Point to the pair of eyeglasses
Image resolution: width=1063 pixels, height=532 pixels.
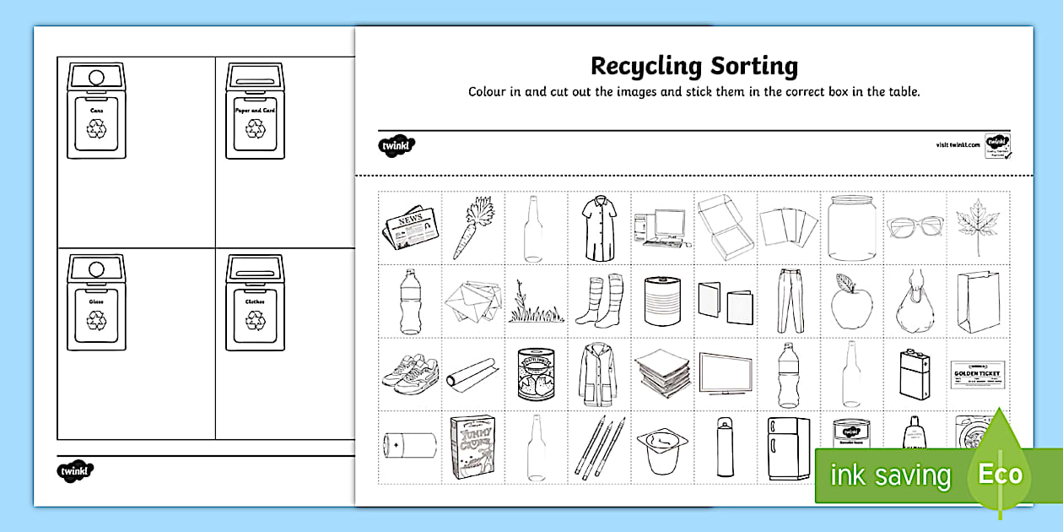(x=915, y=226)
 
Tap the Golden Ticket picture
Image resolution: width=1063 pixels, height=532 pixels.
(x=978, y=373)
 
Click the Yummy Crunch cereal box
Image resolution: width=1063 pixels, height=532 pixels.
(x=472, y=447)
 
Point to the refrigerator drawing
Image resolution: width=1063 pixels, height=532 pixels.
(x=788, y=448)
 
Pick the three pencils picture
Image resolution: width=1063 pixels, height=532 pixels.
(x=597, y=447)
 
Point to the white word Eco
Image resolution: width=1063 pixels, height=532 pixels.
(x=1001, y=474)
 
